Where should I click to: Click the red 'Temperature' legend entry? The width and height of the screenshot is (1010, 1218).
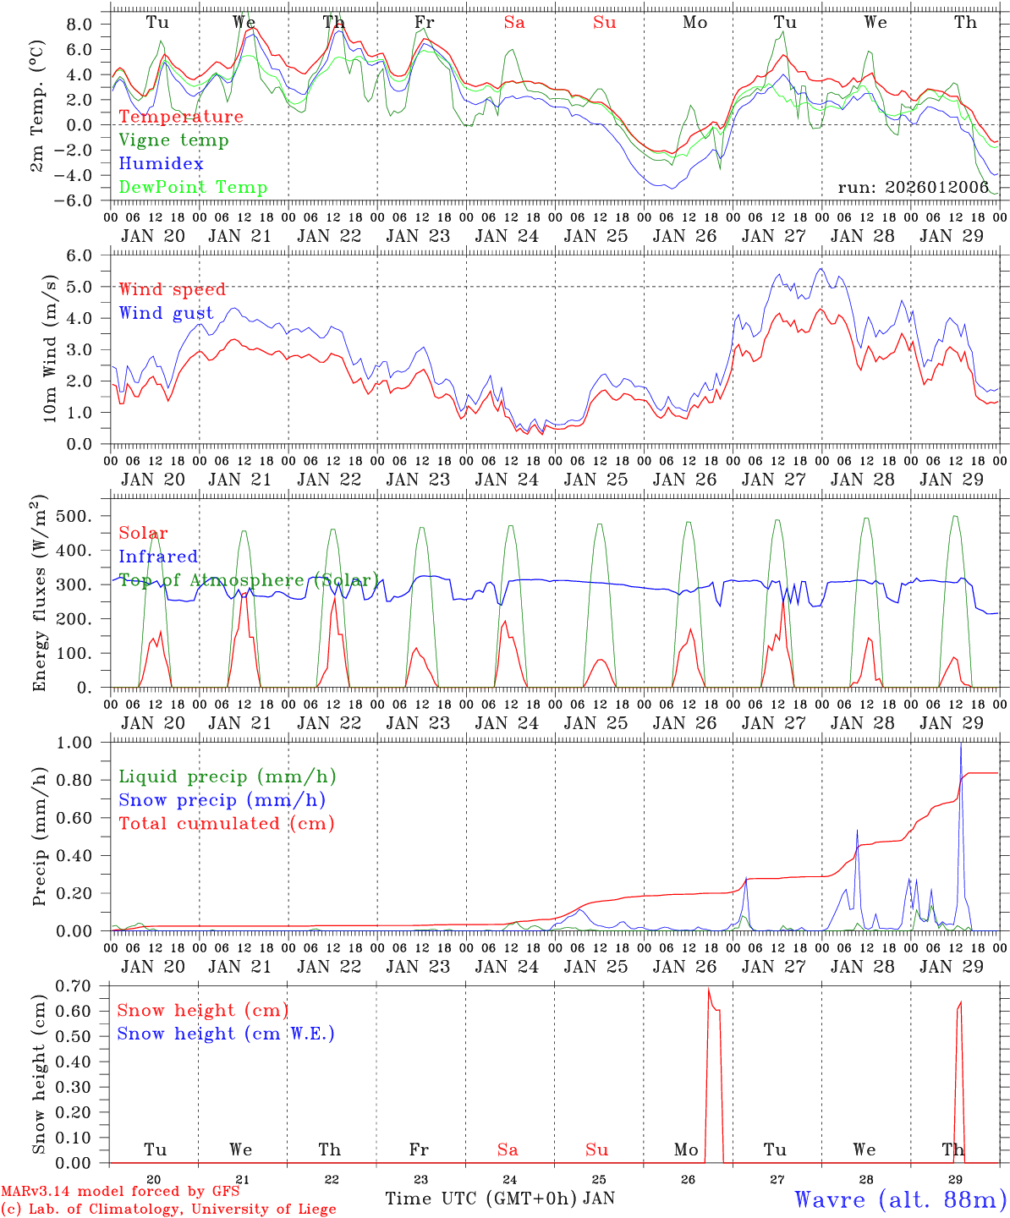point(181,117)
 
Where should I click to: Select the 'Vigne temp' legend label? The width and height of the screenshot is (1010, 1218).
point(173,140)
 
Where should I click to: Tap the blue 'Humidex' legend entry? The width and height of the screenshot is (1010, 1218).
point(161,164)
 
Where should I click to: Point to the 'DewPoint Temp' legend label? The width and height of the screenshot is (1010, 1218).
point(193,188)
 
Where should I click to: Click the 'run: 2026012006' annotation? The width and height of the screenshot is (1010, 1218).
point(913,188)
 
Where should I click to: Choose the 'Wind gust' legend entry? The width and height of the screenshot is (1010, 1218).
point(166,314)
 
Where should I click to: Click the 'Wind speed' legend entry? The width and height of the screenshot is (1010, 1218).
point(173,290)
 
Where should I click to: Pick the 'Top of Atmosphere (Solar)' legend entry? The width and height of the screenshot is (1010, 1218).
point(249,580)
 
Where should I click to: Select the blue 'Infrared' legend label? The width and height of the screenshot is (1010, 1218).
point(158,557)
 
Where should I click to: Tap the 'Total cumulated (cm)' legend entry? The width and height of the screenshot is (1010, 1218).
point(227,824)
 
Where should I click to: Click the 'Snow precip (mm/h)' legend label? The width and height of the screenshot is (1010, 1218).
point(222,800)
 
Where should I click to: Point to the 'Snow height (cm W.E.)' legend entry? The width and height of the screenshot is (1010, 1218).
point(226,1034)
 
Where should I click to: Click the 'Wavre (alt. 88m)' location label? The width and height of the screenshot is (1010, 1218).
point(900,1199)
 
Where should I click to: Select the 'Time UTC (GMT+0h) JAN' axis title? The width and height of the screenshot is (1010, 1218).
point(500,1199)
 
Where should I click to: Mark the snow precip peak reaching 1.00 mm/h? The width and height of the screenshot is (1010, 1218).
point(960,744)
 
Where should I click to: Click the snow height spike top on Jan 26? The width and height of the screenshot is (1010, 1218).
point(708,989)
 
